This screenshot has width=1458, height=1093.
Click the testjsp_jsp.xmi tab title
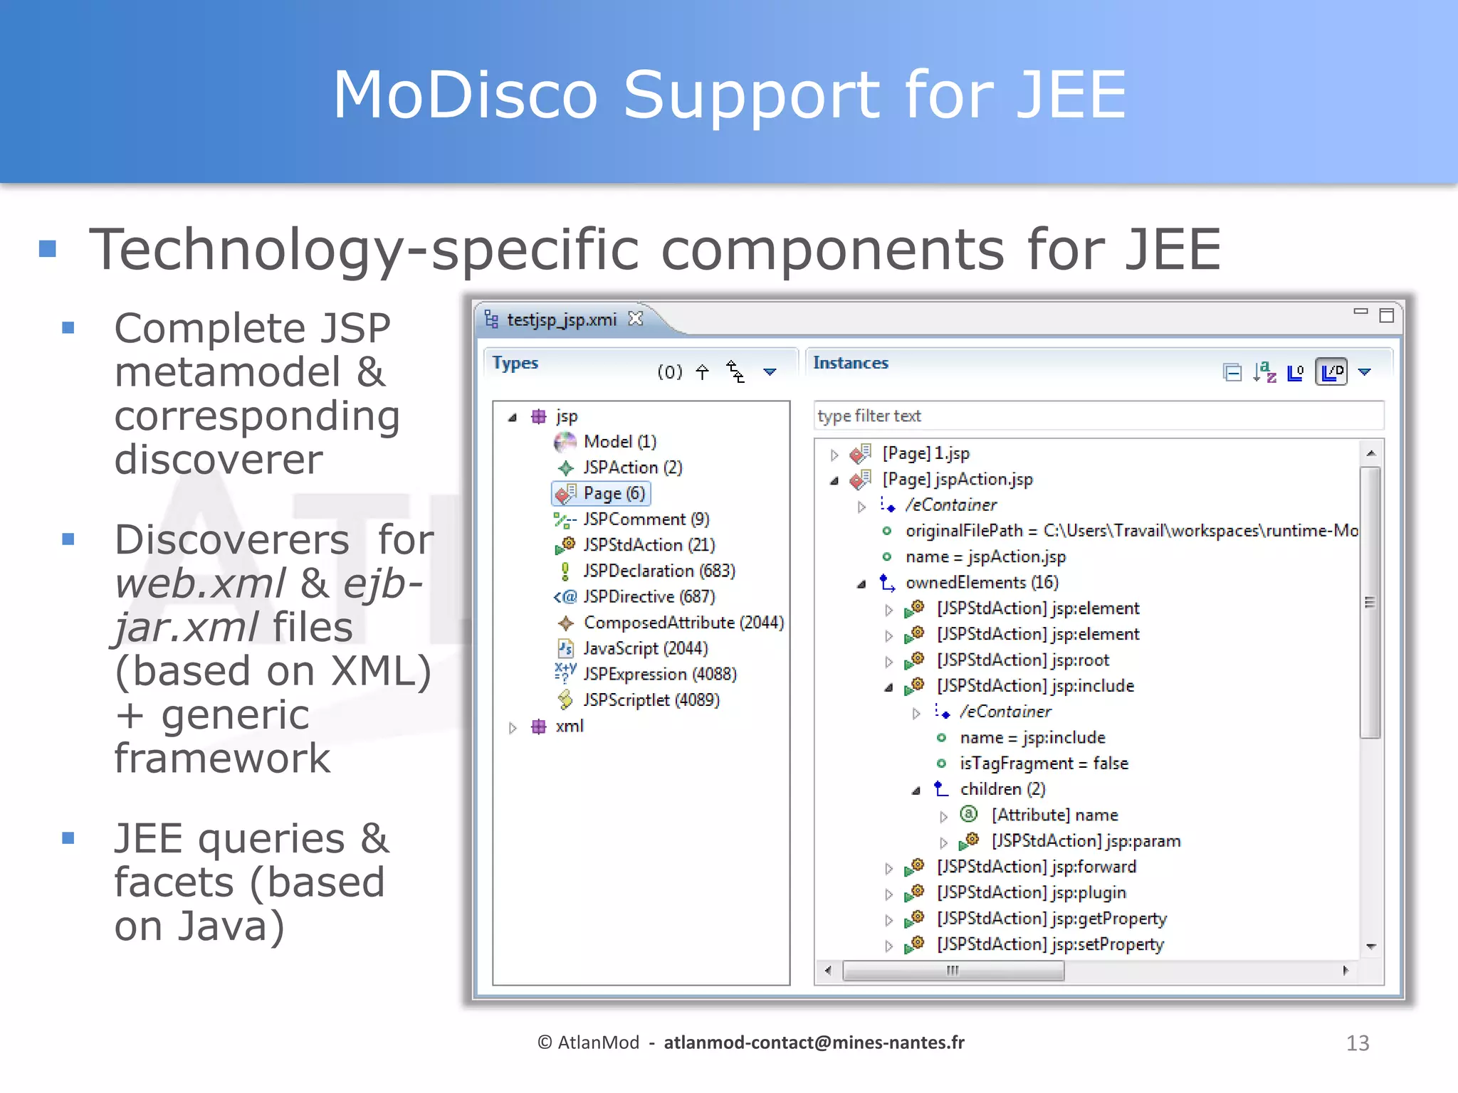click(x=561, y=320)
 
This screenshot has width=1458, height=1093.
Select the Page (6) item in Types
click(x=613, y=493)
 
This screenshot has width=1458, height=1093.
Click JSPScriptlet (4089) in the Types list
click(x=651, y=700)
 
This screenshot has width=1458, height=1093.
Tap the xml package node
click(x=569, y=727)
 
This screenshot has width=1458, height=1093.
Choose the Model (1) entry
click(x=619, y=442)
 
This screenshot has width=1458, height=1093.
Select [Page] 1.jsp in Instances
click(x=925, y=453)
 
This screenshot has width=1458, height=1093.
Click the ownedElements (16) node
click(x=981, y=583)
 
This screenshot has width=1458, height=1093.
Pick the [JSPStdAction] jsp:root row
click(x=1022, y=660)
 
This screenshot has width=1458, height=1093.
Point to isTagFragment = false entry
click(x=1043, y=764)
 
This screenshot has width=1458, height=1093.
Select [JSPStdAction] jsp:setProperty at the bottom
click(x=1049, y=944)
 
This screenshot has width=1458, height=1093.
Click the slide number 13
click(x=1357, y=1043)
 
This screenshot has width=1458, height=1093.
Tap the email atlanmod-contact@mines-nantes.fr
click(x=814, y=1043)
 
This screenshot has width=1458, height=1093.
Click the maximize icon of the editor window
click(x=1386, y=315)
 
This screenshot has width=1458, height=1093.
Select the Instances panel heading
click(x=850, y=363)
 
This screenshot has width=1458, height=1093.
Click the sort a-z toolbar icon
click(x=1264, y=372)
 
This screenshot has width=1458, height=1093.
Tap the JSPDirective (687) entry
click(x=649, y=597)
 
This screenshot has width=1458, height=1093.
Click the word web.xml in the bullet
click(x=200, y=584)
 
